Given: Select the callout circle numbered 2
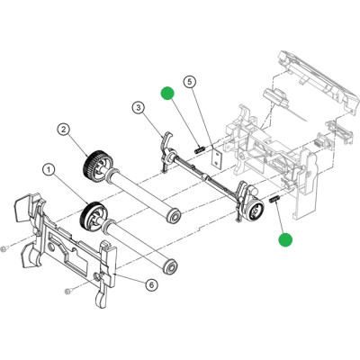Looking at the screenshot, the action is [x=64, y=130].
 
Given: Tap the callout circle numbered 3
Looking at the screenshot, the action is [x=139, y=108].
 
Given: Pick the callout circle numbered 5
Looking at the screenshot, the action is [x=189, y=82].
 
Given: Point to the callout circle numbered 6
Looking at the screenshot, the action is [x=151, y=284].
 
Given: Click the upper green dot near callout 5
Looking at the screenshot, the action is [x=167, y=93].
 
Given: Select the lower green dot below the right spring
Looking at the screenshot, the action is [x=285, y=240].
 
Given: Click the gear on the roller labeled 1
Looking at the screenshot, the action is [x=92, y=216].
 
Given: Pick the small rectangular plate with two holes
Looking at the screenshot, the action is [x=216, y=157].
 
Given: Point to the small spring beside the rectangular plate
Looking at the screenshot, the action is [x=200, y=149].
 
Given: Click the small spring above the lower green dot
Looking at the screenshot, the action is [x=275, y=199].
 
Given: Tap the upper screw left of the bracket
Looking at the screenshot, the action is [x=4, y=249].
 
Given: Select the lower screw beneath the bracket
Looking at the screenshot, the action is [x=68, y=291].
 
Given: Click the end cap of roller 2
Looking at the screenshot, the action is [x=173, y=217].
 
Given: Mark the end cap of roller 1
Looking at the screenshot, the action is [x=170, y=266].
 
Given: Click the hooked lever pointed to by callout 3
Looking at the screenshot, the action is [x=165, y=151].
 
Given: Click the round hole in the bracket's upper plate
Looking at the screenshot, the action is [x=49, y=247].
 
